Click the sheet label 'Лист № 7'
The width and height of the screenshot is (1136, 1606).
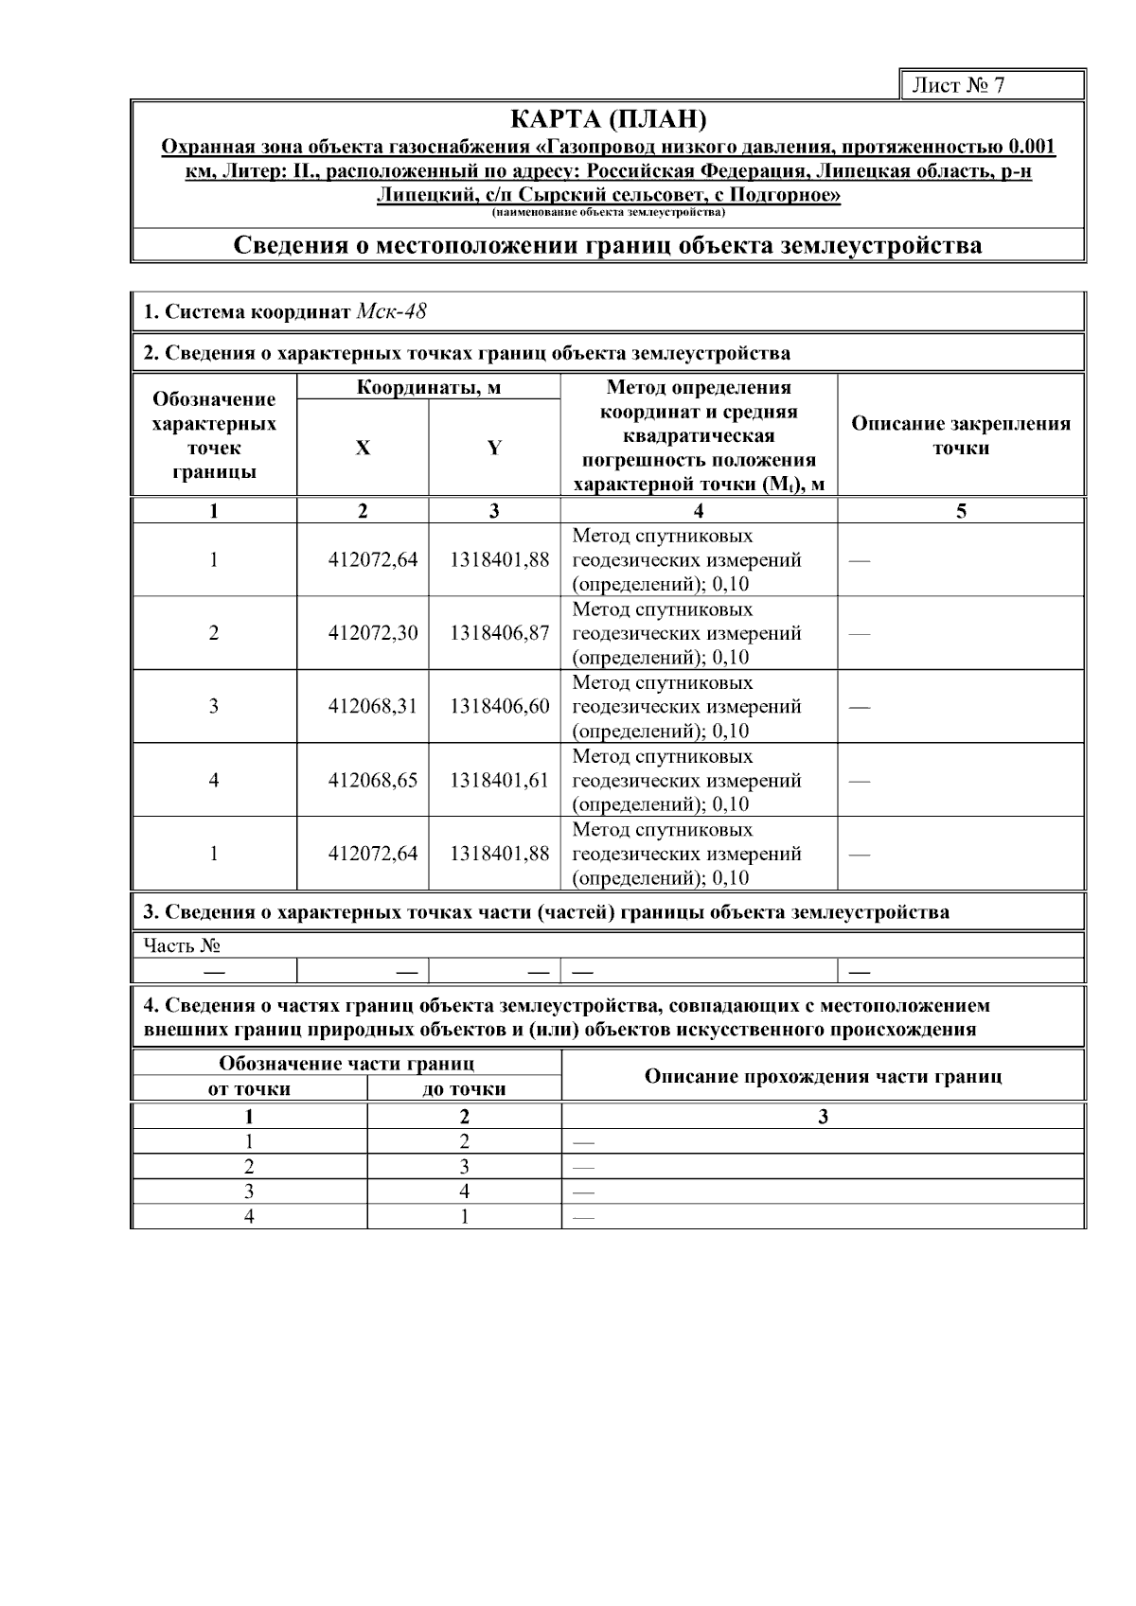[x=958, y=85]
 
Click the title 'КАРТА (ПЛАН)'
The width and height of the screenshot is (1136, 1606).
[x=608, y=120]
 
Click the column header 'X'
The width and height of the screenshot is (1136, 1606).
[x=363, y=448]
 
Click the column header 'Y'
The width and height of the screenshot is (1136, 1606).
[x=494, y=448]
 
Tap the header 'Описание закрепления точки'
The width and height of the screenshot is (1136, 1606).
[x=961, y=435]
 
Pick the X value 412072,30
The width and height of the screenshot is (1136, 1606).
[x=372, y=633]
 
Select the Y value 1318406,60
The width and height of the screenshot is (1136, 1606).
[x=499, y=707]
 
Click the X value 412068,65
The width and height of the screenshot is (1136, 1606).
[x=372, y=781]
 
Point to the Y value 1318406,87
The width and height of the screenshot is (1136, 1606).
[x=499, y=633]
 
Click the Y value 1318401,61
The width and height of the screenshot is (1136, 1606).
[x=499, y=781]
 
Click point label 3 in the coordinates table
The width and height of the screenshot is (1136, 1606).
[x=214, y=707]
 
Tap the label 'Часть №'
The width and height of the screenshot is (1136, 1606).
[x=182, y=944]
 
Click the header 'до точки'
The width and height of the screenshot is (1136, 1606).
[x=464, y=1089]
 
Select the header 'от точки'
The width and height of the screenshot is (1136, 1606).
[x=249, y=1089]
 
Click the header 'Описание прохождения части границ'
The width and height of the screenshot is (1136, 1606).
[x=823, y=1076]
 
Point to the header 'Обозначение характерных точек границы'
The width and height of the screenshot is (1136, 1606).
[x=214, y=435]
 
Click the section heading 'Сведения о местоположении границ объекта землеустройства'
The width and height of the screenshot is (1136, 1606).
[x=608, y=246]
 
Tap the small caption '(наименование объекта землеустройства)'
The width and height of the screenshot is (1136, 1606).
[x=608, y=211]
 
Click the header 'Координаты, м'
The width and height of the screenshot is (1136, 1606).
[x=428, y=387]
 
